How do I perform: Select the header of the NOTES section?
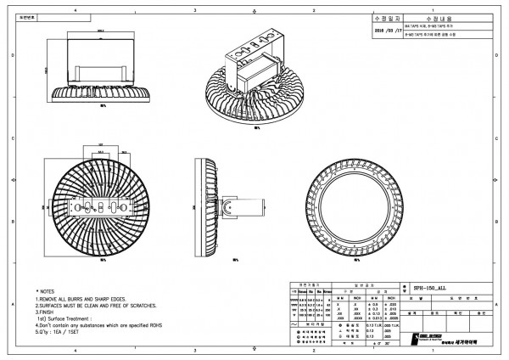[x=46, y=290]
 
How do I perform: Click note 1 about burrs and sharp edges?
[x=81, y=300]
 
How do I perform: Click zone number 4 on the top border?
[x=76, y=8]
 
